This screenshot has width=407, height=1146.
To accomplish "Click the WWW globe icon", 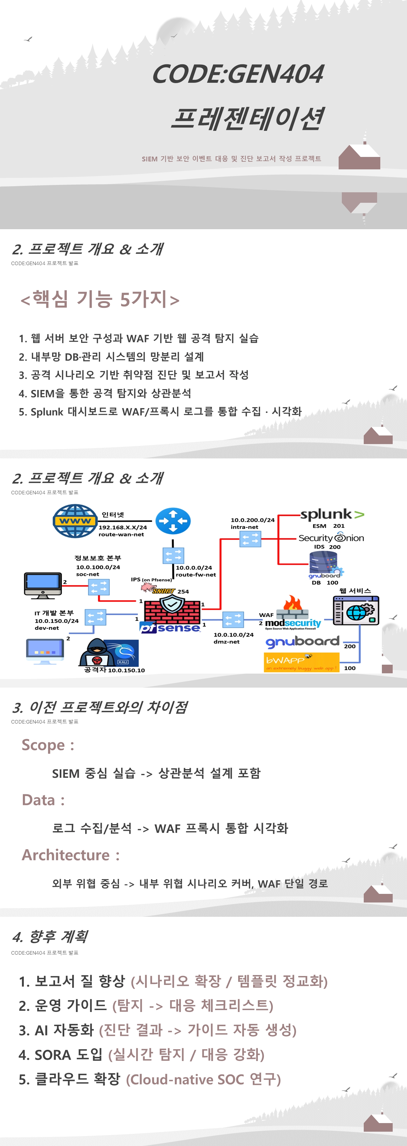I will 75,521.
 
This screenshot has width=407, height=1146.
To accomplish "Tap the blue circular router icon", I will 173,521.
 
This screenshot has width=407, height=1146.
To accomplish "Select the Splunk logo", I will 331,515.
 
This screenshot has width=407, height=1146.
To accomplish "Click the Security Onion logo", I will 331,538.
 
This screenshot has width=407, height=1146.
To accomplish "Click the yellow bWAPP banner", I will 301,662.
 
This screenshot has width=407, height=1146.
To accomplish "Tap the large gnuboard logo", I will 302,641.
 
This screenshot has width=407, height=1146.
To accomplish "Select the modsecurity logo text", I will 293,623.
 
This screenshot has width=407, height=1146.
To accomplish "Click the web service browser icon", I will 356,610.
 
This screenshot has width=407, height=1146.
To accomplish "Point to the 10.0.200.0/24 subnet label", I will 252,520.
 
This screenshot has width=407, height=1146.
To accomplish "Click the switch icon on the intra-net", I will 250,540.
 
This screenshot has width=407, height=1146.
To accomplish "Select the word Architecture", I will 66,855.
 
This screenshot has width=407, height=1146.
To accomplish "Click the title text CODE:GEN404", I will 238,74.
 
